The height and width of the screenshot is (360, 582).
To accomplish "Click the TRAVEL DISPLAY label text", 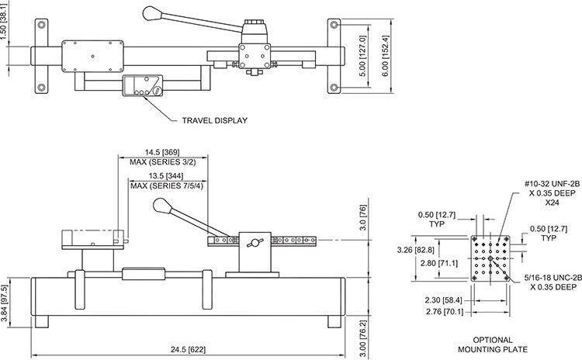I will pos(214,121).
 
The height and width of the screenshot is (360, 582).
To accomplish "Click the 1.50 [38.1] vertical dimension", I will pos(9,35).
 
